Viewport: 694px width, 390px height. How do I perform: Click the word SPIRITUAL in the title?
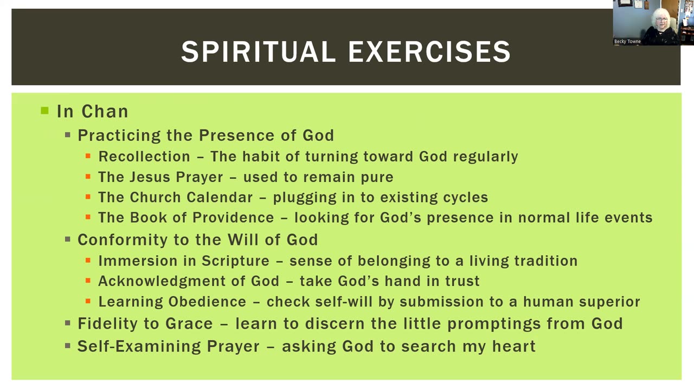click(x=259, y=51)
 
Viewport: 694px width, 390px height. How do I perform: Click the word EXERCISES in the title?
click(x=429, y=51)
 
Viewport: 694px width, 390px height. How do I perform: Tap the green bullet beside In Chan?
click(x=44, y=110)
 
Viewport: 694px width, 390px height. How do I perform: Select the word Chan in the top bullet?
click(x=105, y=112)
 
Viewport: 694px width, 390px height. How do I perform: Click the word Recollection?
click(x=144, y=157)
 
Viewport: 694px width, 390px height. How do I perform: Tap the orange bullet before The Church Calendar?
click(x=88, y=197)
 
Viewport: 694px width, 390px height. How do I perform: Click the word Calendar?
click(x=220, y=198)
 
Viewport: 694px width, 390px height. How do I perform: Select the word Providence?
click(x=233, y=218)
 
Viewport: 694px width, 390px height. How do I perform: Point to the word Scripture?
click(x=235, y=261)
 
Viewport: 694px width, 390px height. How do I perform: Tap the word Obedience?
click(x=207, y=302)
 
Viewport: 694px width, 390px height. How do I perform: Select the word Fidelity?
click(x=117, y=324)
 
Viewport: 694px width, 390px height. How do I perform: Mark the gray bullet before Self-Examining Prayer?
click(x=68, y=346)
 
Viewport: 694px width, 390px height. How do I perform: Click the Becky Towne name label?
click(x=627, y=42)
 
